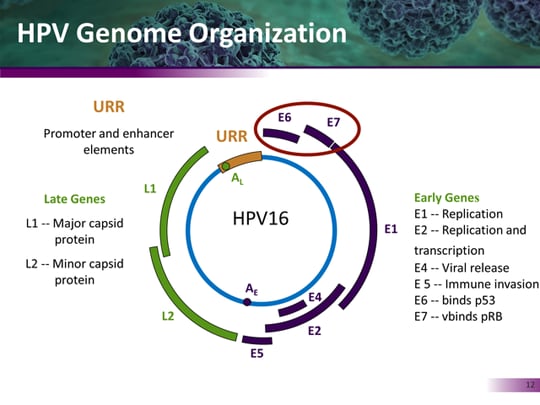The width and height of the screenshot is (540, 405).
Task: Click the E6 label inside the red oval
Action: point(285,118)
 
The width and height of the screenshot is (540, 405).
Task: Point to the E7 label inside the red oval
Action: point(334,125)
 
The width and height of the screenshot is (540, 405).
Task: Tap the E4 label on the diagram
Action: point(314,297)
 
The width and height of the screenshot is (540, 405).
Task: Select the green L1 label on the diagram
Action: point(150,187)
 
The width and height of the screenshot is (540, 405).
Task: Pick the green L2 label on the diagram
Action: point(170,316)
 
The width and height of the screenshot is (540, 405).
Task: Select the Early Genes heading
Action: point(446,198)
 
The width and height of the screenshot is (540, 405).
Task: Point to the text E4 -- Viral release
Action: point(461,268)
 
